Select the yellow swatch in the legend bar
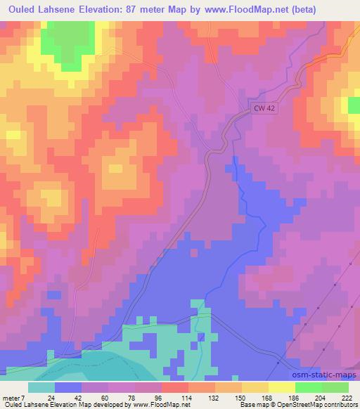282,387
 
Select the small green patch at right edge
354,105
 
